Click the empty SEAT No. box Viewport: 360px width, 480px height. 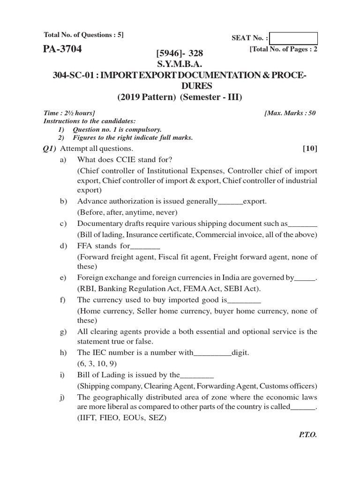point(293,38)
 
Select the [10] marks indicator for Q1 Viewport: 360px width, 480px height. point(310,149)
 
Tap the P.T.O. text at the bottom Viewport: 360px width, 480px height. point(307,435)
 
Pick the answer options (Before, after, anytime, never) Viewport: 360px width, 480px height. point(124,212)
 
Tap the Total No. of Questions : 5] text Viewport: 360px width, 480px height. point(83,35)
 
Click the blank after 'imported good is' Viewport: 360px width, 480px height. point(244,300)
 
